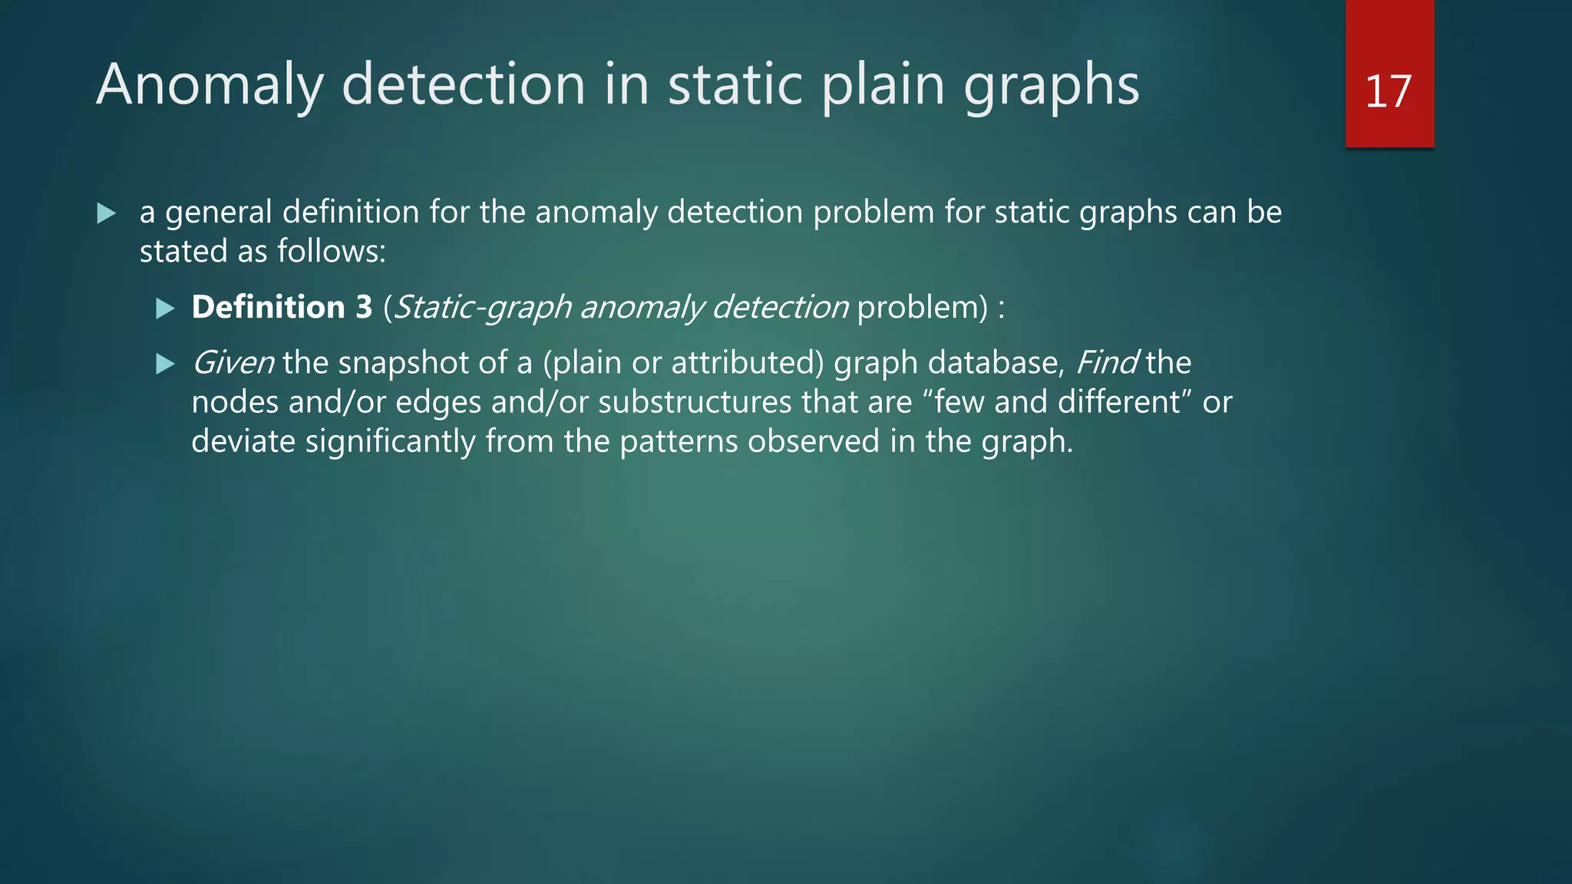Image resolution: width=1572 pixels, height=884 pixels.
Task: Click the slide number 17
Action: pos(1389,92)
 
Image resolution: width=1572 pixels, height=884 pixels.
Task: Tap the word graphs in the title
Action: pos(1051,86)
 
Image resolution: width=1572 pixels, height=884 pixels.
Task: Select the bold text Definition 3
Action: pos(282,307)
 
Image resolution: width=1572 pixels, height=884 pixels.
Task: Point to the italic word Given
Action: pos(233,363)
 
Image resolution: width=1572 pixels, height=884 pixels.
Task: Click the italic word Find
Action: pos(1106,363)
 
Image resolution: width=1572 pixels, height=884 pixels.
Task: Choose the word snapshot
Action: pos(403,363)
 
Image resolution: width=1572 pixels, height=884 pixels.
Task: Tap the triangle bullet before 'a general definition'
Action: pos(107,213)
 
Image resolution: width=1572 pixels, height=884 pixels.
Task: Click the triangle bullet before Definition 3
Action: pos(165,308)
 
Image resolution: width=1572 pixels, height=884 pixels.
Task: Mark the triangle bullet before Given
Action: pos(165,364)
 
